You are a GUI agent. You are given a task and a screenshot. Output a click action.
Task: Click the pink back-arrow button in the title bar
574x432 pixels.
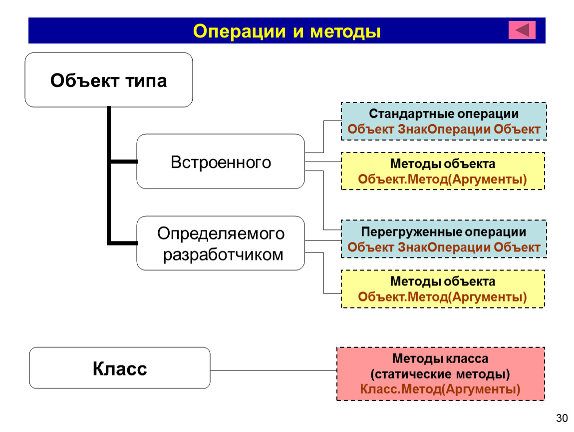(x=522, y=29)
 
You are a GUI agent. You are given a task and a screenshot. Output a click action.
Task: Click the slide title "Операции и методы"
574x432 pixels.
(x=287, y=31)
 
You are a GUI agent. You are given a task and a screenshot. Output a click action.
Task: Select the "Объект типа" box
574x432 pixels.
(x=109, y=80)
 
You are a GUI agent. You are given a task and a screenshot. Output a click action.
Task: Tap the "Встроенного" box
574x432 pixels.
(x=221, y=161)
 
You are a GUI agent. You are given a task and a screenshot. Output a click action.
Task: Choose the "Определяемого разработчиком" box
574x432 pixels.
(x=221, y=243)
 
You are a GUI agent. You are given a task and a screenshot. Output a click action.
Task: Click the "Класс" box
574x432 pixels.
(x=120, y=368)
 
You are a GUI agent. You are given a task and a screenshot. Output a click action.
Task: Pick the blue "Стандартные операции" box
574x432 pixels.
(x=444, y=121)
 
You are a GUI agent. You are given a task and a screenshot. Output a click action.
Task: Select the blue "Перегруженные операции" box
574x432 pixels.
(x=444, y=239)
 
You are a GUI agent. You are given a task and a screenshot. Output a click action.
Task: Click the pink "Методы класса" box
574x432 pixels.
(x=441, y=373)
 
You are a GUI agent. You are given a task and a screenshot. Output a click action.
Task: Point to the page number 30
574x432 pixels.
(x=562, y=418)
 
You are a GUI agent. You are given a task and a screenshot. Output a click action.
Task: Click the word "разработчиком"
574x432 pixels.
(x=223, y=255)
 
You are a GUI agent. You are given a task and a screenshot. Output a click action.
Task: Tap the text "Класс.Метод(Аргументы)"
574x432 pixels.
(x=440, y=389)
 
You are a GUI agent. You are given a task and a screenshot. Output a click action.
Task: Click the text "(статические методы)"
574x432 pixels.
(x=440, y=374)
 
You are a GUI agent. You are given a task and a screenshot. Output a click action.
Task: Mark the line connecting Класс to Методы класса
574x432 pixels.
(x=274, y=370)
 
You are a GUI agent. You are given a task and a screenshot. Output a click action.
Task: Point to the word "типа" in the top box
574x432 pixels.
(x=146, y=81)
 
